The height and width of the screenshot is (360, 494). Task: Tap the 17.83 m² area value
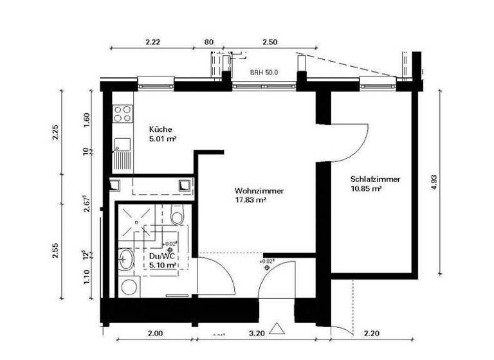(250, 201)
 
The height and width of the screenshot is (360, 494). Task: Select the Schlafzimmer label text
(375, 179)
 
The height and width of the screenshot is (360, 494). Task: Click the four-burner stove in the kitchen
(122, 114)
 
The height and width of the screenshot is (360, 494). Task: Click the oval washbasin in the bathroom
(126, 259)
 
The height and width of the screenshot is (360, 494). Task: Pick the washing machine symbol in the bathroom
(129, 287)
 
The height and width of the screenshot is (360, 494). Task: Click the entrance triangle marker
(277, 329)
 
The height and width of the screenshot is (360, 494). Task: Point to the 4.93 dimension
(434, 182)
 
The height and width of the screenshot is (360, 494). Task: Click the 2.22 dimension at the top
(152, 41)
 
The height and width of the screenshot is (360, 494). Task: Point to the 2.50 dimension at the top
(270, 41)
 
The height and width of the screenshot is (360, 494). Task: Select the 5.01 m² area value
(163, 138)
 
